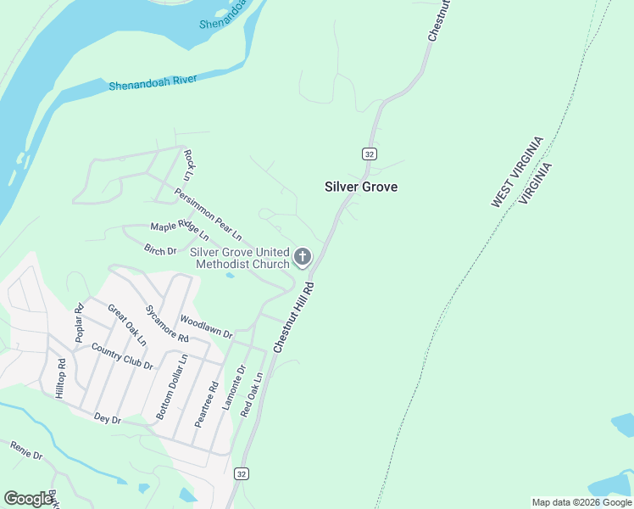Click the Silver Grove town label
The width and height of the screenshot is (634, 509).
tap(361, 187)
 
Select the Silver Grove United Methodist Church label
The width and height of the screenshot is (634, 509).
tap(240, 258)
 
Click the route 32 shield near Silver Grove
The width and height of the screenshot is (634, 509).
tap(369, 154)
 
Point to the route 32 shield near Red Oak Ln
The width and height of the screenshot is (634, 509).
tap(242, 473)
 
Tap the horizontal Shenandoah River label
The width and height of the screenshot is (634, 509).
tap(153, 82)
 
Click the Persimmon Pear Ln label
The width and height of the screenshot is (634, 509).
tap(209, 212)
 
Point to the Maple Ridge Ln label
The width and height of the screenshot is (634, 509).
tap(180, 231)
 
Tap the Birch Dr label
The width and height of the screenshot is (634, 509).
tap(160, 250)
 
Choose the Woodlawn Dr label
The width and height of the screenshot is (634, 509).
tap(206, 327)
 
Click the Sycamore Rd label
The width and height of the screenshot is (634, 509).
tap(167, 323)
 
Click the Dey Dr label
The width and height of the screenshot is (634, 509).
tap(108, 418)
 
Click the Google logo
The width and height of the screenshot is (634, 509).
tap(28, 498)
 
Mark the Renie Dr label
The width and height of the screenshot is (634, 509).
tap(25, 450)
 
